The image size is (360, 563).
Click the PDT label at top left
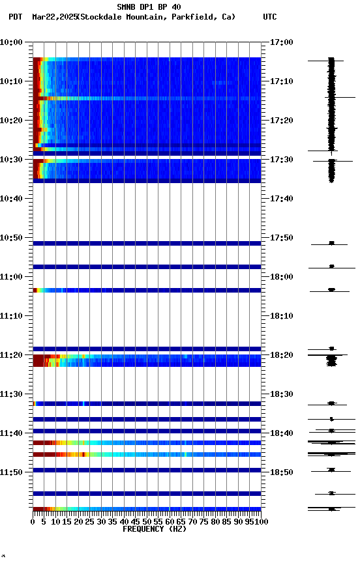click(16, 17)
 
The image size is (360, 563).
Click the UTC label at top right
click(270, 17)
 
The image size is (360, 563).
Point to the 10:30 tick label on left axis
click(11, 160)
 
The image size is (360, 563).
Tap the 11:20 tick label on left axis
click(11, 355)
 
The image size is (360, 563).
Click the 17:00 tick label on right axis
click(281, 42)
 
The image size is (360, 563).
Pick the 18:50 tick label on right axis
click(281, 472)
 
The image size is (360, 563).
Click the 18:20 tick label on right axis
click(281, 355)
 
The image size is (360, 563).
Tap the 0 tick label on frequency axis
click(33, 522)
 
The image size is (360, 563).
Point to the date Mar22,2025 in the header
click(54, 17)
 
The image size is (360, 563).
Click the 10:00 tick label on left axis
click(11, 42)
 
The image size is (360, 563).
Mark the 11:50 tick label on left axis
click(11, 472)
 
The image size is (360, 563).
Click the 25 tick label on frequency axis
click(90, 522)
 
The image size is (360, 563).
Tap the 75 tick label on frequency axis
click(203, 522)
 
